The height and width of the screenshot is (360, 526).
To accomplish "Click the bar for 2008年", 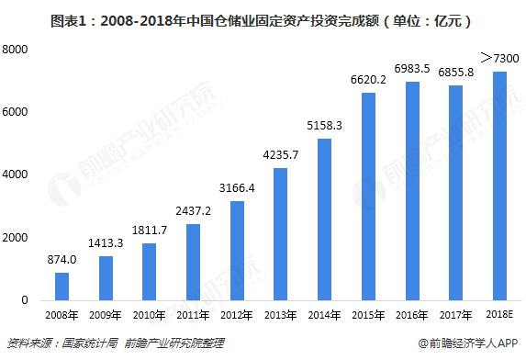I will pos(62,287).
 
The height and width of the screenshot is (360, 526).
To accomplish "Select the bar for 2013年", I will pos(281,234).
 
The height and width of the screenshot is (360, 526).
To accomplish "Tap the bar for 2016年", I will pos(412,191).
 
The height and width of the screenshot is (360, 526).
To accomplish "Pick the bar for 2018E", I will pos(500,186).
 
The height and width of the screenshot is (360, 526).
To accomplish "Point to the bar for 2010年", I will pos(149,272).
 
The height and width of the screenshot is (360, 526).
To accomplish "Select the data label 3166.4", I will pos(237,190).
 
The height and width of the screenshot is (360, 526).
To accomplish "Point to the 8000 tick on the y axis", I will pos(17,49).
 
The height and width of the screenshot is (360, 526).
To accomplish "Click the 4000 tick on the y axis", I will pos(17,174).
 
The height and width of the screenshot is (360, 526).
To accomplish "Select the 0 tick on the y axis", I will pos(25,300).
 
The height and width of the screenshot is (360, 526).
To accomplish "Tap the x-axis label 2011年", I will pos(193,316).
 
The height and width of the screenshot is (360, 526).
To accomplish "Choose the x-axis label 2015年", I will pos(368,316).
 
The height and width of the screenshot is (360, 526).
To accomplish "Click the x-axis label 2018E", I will pos(500,316).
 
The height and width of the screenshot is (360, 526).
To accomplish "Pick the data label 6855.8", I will pos(456,74).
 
